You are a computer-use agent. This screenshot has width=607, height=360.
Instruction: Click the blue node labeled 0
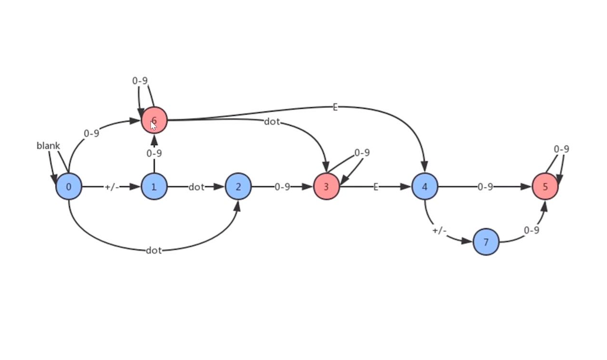69,187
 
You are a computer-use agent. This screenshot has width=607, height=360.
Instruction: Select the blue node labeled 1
154,187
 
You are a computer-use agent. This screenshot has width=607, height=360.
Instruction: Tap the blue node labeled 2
238,187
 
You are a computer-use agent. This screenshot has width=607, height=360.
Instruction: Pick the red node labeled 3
326,187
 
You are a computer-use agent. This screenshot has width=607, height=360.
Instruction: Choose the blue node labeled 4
424,187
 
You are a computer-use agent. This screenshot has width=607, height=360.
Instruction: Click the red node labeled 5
545,187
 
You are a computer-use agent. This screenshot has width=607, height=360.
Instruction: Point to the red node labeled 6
154,120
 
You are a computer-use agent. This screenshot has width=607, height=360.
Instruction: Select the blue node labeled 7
486,241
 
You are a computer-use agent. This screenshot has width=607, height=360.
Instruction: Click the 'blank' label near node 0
48,146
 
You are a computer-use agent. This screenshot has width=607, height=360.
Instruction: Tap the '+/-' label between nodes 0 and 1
112,187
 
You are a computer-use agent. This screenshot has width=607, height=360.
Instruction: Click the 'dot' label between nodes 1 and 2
196,187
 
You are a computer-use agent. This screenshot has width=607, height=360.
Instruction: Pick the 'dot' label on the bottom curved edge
154,251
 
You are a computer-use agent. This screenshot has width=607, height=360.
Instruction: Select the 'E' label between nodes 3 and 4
376,187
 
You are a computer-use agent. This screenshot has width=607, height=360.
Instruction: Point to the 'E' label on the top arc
335,107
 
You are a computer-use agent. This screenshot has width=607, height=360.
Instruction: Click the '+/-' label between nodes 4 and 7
439,231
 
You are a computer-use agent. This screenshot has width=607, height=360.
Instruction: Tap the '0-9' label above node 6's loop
140,80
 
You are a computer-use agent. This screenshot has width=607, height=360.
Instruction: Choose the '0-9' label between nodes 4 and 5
485,187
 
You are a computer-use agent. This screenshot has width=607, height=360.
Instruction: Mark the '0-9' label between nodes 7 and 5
531,231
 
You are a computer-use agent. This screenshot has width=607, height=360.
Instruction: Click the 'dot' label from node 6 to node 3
272,122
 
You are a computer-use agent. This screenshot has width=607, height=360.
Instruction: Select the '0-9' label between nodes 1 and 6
154,153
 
